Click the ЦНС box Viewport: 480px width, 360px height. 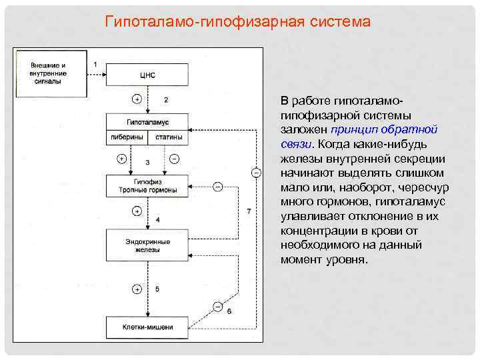(147, 75)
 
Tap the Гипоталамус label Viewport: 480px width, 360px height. (147, 123)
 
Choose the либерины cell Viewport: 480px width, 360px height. (127, 137)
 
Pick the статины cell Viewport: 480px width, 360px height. (169, 137)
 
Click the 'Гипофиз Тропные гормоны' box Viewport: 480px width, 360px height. (147, 185)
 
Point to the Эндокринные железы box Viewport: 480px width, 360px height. (147, 245)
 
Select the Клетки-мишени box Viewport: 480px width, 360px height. (147, 327)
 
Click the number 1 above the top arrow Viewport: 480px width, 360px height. (95, 63)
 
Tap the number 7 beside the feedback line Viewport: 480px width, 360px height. (248, 211)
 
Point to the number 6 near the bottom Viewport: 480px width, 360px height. (229, 311)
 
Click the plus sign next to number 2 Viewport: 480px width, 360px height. (137, 99)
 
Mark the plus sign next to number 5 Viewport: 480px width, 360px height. (137, 289)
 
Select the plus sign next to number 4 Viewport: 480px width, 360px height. (137, 211)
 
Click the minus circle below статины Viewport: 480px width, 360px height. (175, 159)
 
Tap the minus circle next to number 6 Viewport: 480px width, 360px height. (217, 307)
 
